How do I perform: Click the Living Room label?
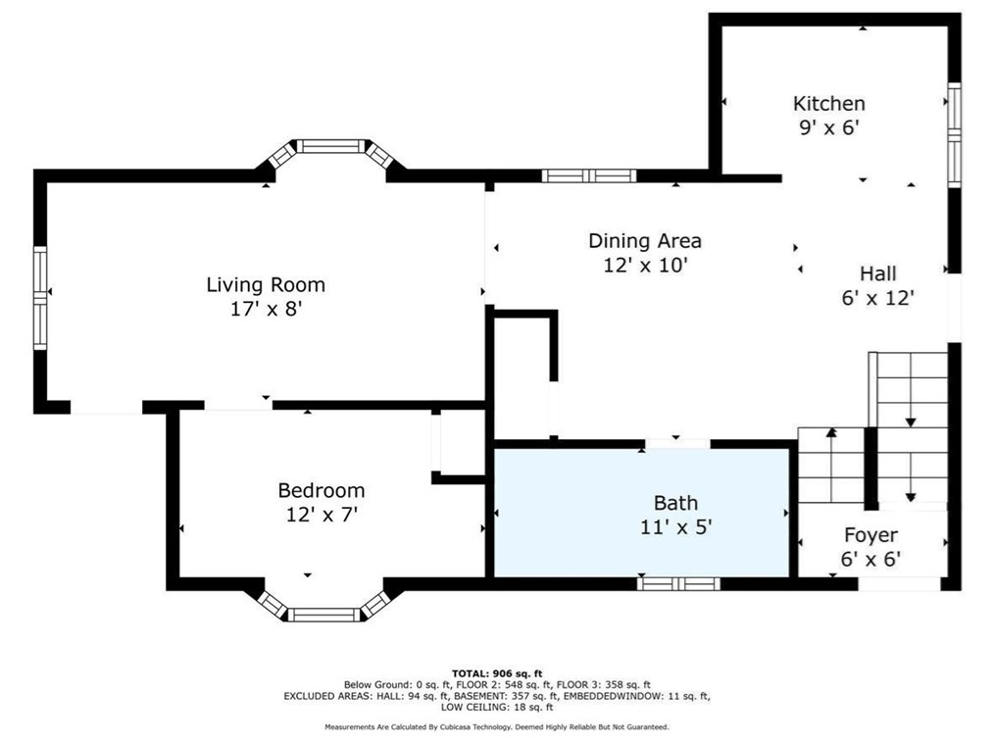(x=266, y=284)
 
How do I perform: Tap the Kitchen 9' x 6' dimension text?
(x=829, y=127)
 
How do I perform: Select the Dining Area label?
(x=645, y=241)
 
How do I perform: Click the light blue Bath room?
(x=641, y=513)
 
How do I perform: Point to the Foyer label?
(x=871, y=535)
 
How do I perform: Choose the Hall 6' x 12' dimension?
(x=877, y=297)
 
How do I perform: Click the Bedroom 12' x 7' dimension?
(x=323, y=515)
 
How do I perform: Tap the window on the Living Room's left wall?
(x=40, y=298)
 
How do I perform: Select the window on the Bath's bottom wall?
(x=678, y=583)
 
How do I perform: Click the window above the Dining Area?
(x=589, y=175)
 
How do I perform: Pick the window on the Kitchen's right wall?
(x=954, y=134)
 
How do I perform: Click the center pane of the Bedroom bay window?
(x=323, y=615)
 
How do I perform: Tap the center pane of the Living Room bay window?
(x=331, y=146)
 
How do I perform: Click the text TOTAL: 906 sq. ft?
(x=497, y=673)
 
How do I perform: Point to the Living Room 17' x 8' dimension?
(x=266, y=310)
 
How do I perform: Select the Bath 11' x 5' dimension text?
(x=675, y=526)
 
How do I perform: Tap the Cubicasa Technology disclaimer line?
(x=496, y=727)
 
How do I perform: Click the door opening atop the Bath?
(x=677, y=444)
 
